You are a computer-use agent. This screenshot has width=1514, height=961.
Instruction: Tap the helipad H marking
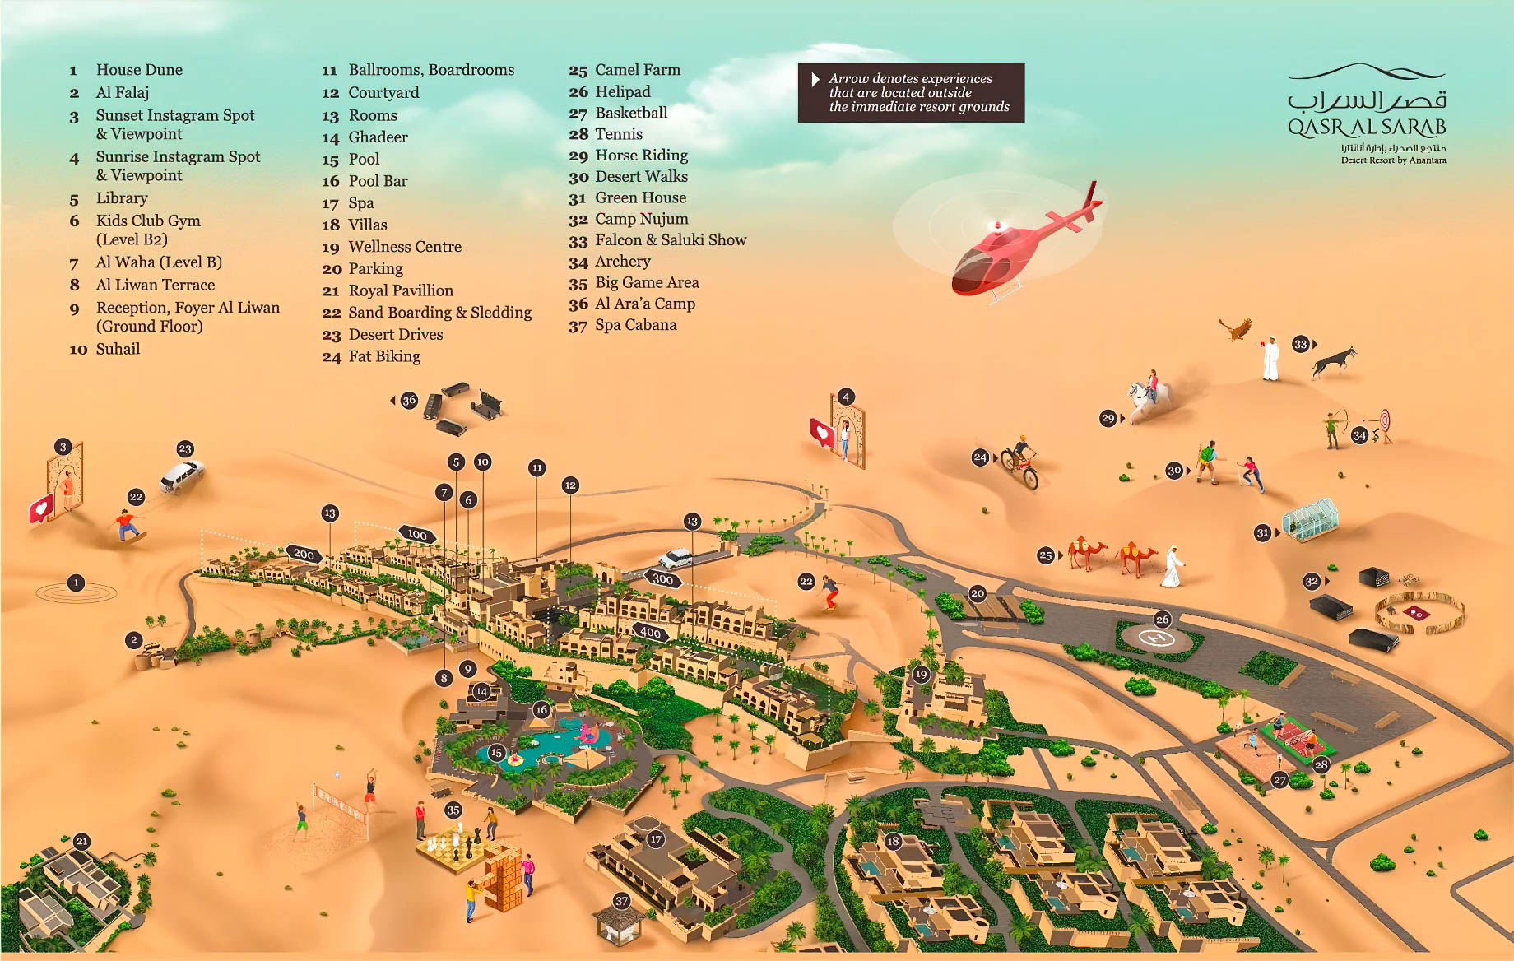pos(1159,638)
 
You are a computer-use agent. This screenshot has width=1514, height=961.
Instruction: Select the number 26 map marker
pos(1162,619)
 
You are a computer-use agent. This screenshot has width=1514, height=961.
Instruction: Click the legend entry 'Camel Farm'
pos(637,70)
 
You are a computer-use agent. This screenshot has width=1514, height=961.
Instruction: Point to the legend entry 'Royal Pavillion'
pos(400,290)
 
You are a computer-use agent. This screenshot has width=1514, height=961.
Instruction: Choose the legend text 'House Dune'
pos(139,70)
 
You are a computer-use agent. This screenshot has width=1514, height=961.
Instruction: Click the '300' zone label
pos(662,578)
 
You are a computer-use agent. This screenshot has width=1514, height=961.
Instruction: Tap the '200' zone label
pos(304,554)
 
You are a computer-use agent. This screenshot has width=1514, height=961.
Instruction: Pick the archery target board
pos(1385,422)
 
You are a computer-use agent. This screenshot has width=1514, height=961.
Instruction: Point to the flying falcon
pos(1236,329)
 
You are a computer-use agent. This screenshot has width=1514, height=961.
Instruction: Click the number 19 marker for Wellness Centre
pos(920,675)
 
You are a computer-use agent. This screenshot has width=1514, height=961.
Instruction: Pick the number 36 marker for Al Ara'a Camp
pos(409,401)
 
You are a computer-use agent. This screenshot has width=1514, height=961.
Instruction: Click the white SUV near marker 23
pos(181,476)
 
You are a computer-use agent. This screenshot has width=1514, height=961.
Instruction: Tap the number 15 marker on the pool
pos(495,752)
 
